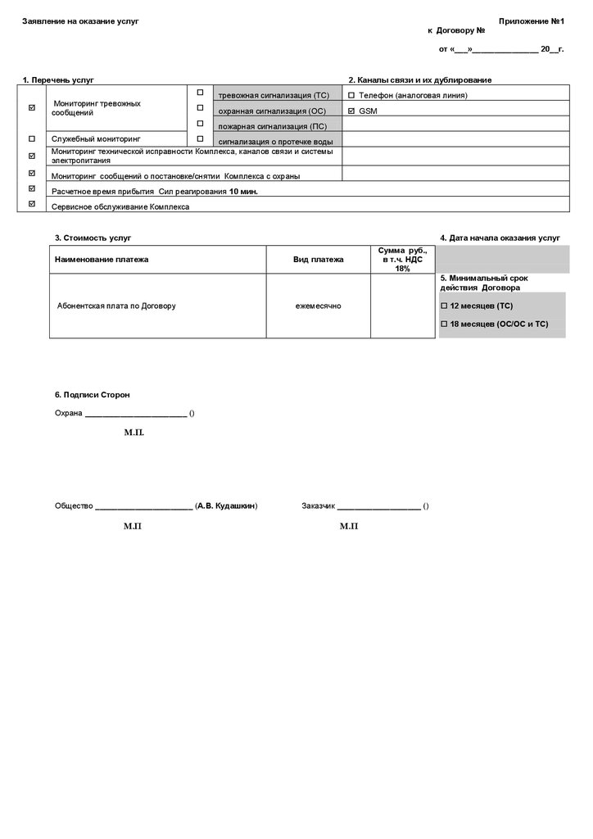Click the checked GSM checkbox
coord(351,110)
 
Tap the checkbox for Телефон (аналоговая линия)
coord(351,95)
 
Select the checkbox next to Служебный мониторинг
coord(32,139)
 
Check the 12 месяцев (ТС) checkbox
coord(445,306)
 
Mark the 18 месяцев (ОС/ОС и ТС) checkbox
coord(445,324)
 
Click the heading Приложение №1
coord(532,20)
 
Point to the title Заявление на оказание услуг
coord(80,20)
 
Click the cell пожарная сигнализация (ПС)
coord(272,126)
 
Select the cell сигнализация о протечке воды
coord(275,141)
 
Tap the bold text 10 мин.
coord(243,190)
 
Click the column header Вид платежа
coord(319,259)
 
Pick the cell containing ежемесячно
coord(319,306)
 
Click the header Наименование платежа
coord(102,259)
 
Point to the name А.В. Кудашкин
coord(226,506)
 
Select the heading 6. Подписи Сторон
coord(92,395)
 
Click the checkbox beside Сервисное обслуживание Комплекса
coord(32,204)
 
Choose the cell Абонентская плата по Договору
coord(116,306)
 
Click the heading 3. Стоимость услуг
coord(93,238)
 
